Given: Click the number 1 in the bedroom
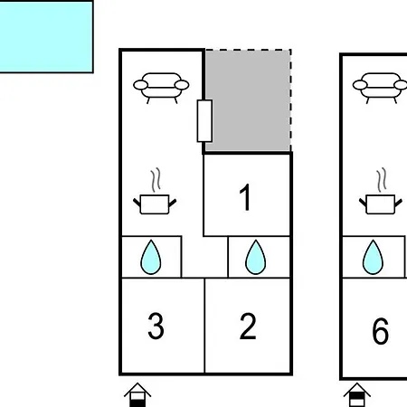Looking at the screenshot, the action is [245, 197].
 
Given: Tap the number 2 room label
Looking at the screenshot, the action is [248, 327].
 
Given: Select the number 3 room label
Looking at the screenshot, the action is [156, 326].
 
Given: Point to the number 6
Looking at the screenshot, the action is [380, 331].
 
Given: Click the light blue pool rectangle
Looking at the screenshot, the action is [46, 37].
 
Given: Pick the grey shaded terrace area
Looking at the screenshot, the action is [248, 100].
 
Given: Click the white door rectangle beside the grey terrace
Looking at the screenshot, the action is [204, 120].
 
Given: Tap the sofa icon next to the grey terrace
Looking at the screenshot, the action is [161, 88].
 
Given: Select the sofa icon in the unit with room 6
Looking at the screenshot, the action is [380, 88].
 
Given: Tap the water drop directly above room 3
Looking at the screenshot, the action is [151, 257].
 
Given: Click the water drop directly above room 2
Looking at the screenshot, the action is [256, 257].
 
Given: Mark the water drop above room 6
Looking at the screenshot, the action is [373, 257].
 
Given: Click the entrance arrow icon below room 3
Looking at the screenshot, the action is [137, 394].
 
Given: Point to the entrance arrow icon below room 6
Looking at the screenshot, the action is [357, 394].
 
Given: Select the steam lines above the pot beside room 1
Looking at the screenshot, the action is [156, 180].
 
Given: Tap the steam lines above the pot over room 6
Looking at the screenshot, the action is [382, 180].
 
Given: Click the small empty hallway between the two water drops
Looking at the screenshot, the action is [204, 257].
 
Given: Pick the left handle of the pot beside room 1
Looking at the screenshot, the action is [137, 203].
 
